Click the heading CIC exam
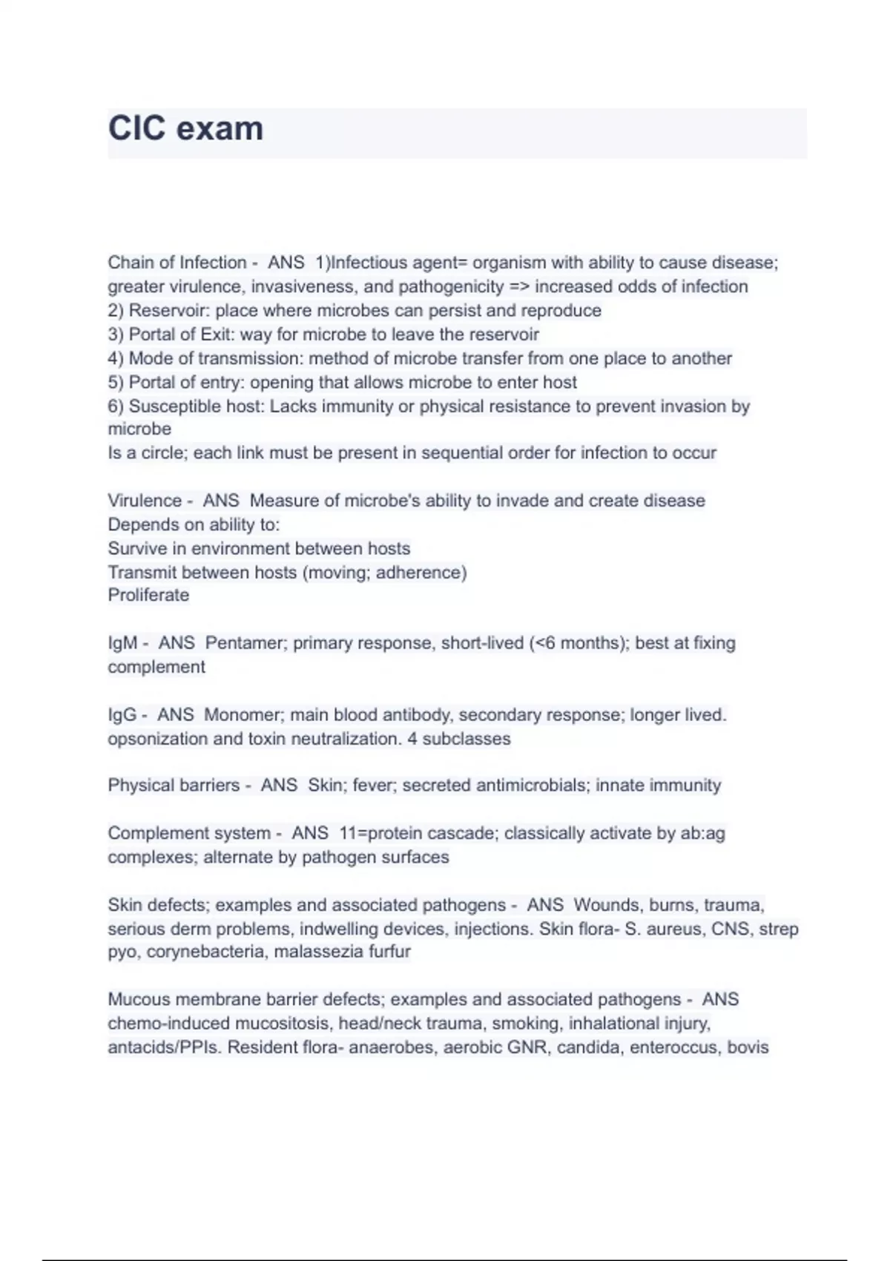pyautogui.click(x=185, y=128)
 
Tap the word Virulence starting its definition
pyautogui.click(x=145, y=501)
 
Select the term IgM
pyautogui.click(x=122, y=643)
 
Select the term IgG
pyautogui.click(x=122, y=715)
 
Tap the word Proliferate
pyautogui.click(x=148, y=595)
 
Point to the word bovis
pyautogui.click(x=748, y=1047)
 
